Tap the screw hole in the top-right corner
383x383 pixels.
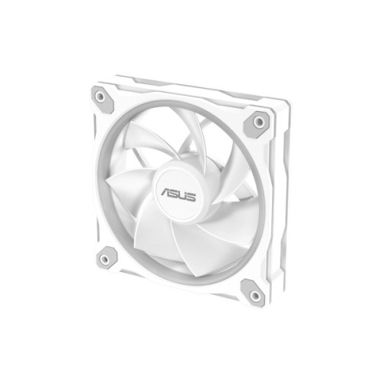(x=258, y=121)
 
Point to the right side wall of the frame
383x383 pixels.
(x=283, y=207)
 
